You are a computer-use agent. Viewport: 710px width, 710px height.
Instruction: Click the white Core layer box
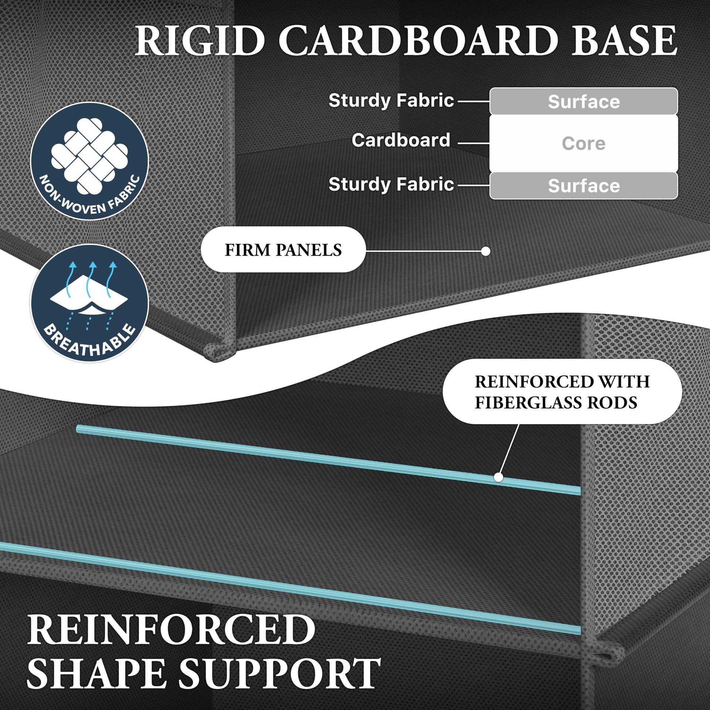point(584,143)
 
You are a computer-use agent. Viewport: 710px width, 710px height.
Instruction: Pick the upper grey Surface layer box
point(584,101)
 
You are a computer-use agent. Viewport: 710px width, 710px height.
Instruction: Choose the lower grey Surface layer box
point(584,186)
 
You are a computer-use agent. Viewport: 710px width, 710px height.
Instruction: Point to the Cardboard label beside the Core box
point(401,140)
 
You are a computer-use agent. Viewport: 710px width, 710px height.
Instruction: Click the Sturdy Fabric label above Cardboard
point(391,100)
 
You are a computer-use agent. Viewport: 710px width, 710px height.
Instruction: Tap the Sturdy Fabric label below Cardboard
point(391,184)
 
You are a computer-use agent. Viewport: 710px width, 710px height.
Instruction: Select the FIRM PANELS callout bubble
point(283,250)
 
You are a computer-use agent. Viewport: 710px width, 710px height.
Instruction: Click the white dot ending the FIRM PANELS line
point(486,251)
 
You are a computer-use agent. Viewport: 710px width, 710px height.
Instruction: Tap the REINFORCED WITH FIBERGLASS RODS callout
point(562,392)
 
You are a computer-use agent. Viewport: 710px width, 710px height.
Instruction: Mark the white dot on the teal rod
point(498,477)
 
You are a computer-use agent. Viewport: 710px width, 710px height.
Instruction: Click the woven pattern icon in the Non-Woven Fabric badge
point(89,156)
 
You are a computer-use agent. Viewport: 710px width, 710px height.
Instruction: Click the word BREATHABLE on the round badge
point(90,341)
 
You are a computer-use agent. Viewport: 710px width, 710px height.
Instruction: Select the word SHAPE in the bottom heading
point(96,674)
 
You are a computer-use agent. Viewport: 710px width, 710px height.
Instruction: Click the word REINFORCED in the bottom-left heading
point(171,629)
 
